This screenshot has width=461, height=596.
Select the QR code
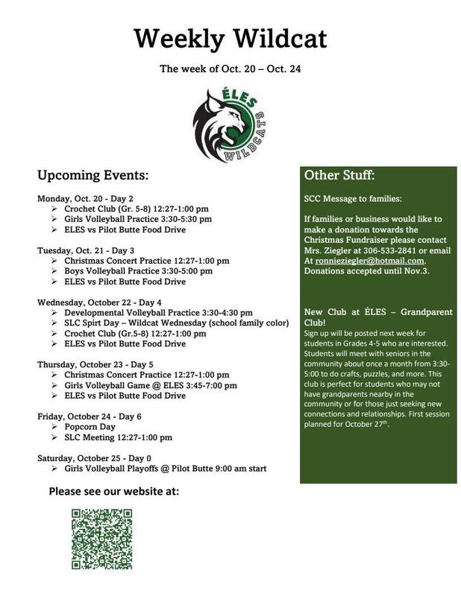(x=101, y=539)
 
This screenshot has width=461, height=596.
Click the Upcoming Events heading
(x=93, y=177)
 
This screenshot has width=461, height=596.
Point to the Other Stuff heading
(x=339, y=177)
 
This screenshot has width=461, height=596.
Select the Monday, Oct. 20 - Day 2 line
(x=85, y=199)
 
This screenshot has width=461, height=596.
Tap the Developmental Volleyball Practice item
(x=158, y=313)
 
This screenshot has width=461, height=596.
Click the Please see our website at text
(x=114, y=491)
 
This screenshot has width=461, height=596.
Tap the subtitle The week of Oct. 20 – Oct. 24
(x=230, y=69)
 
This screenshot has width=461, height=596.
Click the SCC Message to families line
(x=352, y=200)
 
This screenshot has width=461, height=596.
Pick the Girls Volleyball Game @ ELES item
(x=150, y=385)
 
